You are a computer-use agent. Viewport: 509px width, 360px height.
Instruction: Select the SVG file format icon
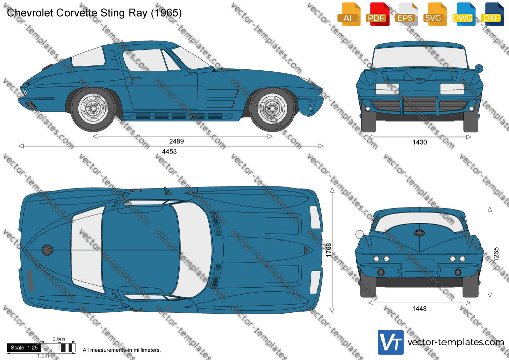click(435, 14)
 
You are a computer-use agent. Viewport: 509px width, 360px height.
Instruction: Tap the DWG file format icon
click(464, 14)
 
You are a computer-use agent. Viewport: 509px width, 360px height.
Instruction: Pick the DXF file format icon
click(492, 14)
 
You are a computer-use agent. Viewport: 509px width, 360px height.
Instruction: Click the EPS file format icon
click(406, 14)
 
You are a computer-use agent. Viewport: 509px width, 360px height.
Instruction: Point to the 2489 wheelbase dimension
click(176, 141)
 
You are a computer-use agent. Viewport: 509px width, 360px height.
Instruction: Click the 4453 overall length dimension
click(169, 151)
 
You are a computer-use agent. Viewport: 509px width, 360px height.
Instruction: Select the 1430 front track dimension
click(420, 142)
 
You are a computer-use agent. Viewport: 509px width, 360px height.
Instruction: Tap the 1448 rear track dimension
click(419, 309)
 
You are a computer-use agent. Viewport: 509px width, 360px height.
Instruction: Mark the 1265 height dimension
click(496, 254)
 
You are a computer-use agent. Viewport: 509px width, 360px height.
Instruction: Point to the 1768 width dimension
click(329, 250)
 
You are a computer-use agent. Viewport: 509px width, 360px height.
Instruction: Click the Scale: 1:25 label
click(24, 348)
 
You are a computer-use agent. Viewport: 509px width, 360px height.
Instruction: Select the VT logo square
click(391, 342)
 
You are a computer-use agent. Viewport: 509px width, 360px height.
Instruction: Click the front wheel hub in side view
click(272, 108)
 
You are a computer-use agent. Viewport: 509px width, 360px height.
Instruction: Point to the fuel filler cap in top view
click(47, 250)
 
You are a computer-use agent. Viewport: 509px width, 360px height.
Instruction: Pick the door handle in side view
click(135, 78)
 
